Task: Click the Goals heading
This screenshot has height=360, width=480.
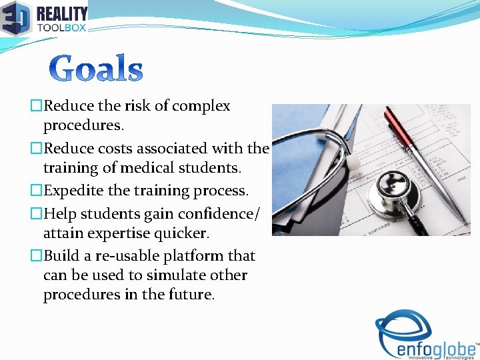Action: [97, 69]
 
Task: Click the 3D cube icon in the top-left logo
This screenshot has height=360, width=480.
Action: [15, 18]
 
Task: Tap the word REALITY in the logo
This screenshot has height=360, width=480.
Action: [62, 13]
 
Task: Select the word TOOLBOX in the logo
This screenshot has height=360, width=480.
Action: [62, 28]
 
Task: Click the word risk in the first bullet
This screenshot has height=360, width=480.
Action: [136, 106]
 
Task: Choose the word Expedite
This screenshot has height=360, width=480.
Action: [73, 191]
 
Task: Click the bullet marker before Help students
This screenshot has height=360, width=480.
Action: [37, 213]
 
